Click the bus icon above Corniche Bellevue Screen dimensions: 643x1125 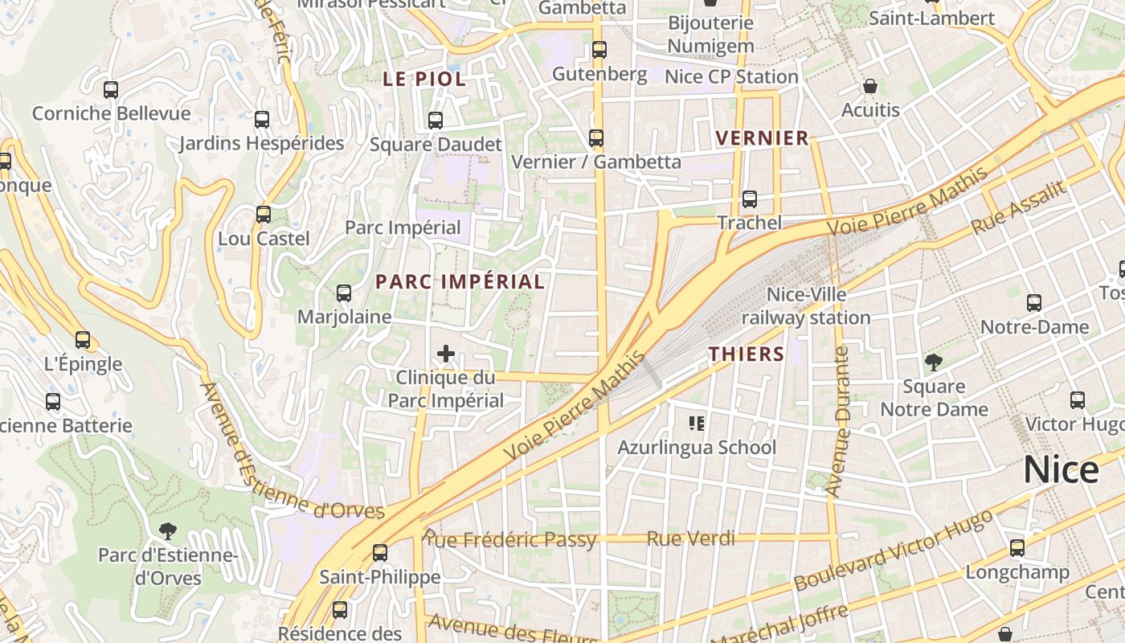coord(111,90)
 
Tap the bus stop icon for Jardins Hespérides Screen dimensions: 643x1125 coord(262,120)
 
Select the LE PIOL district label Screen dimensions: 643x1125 coord(424,79)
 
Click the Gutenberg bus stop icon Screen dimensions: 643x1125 coord(599,50)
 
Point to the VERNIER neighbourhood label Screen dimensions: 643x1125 coord(762,138)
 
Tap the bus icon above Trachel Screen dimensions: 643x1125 coord(750,199)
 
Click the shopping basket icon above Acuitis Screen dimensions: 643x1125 coord(869,86)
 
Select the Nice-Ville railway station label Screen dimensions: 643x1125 coord(805,306)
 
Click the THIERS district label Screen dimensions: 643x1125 coord(746,354)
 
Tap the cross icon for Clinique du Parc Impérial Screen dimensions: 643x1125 coord(445,353)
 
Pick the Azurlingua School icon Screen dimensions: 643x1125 coord(697,423)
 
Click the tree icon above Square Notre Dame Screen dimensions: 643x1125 coord(933,362)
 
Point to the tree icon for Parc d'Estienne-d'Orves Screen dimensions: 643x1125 coord(168,530)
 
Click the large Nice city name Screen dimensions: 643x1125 coord(1061,470)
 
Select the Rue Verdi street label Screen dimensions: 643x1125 coord(691,539)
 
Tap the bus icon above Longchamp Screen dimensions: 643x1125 coord(1017,548)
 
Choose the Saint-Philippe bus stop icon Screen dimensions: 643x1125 coord(380,553)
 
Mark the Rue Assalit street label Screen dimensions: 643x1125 coord(1018,207)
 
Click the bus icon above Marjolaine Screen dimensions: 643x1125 coord(344,293)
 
